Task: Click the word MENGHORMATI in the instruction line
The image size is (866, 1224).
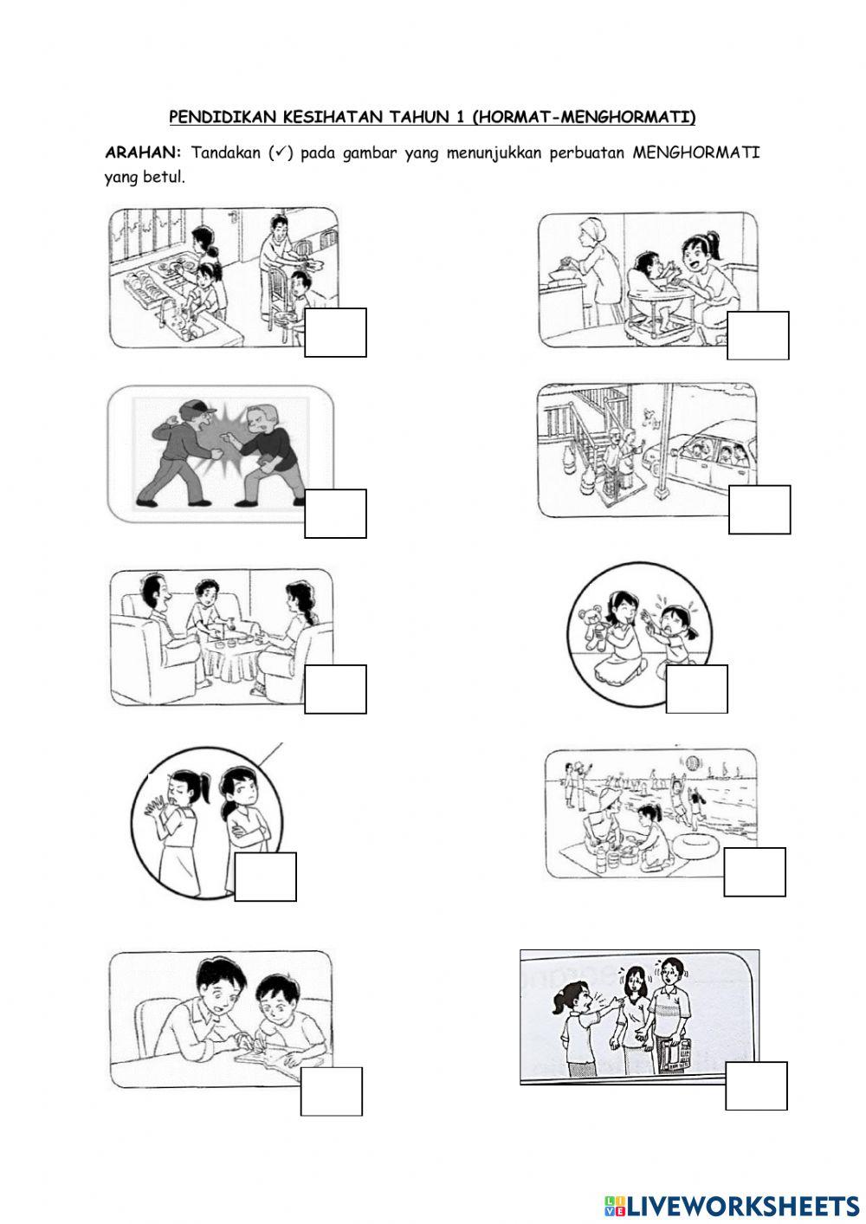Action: point(695,152)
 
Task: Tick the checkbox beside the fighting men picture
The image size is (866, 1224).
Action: point(335,514)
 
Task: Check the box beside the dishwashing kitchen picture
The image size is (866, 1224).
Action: point(335,332)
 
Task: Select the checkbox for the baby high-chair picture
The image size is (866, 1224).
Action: point(758,335)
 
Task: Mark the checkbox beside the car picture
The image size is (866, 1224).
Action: point(759,509)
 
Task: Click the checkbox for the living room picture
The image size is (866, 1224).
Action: point(335,689)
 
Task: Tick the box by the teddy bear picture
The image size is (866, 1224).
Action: point(696,689)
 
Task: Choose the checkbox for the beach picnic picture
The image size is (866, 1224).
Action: point(754,871)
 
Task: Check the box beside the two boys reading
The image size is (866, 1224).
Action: point(331,1091)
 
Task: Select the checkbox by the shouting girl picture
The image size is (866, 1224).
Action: point(756,1085)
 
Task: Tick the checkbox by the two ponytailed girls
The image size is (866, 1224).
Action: point(265,877)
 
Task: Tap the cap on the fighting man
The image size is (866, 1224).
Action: point(197,407)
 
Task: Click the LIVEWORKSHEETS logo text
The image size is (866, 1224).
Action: point(741,1205)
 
